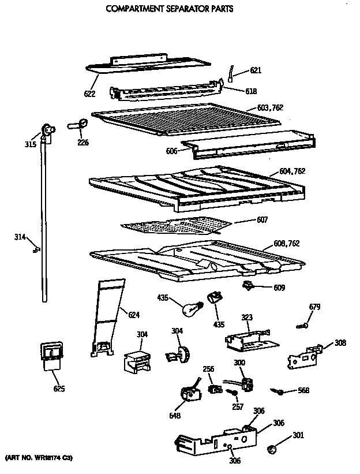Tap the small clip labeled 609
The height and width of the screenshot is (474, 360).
249,285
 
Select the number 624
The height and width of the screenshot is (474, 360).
134,315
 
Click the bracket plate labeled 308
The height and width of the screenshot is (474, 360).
303,357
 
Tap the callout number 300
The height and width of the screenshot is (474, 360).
238,362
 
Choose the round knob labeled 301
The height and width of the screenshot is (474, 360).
273,449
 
